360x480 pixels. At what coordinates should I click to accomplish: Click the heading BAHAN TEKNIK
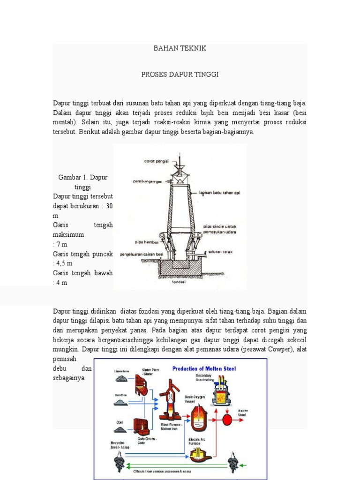tap(180, 48)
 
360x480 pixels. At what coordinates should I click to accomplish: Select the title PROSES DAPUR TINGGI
tap(180, 75)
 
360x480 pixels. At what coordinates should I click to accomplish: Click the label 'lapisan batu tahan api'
tap(219, 192)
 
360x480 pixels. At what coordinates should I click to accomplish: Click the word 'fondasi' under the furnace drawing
tap(180, 282)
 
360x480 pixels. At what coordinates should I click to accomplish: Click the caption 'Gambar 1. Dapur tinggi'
tap(83, 182)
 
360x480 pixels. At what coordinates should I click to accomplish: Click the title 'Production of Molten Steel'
tap(204, 368)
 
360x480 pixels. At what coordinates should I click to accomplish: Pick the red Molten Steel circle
tap(227, 418)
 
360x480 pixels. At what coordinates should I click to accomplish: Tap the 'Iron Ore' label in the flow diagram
tap(120, 395)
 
